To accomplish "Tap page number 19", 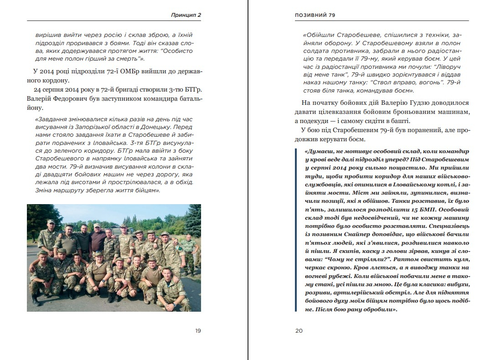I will (x=198, y=331).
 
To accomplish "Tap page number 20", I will (x=299, y=331).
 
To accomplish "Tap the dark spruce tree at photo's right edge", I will (x=195, y=223).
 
